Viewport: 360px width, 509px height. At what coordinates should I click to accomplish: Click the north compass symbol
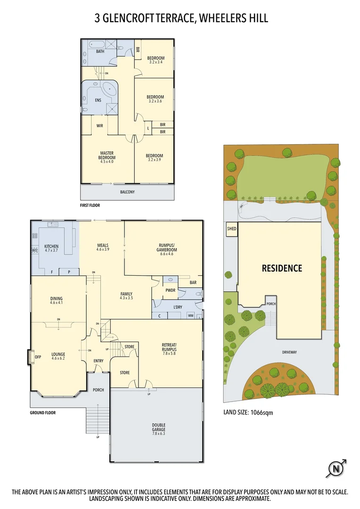click(335, 468)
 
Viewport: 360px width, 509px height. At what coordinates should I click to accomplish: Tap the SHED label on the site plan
click(232, 229)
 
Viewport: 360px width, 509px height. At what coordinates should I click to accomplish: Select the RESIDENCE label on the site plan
click(282, 268)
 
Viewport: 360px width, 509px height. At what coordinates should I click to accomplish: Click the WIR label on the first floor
click(100, 126)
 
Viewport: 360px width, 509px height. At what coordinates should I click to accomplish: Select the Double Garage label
click(158, 427)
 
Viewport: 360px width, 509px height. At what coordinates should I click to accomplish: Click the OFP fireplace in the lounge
click(38, 357)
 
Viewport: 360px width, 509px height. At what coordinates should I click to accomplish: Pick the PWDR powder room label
click(170, 290)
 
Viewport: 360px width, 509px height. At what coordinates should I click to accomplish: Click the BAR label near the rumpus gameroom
click(193, 283)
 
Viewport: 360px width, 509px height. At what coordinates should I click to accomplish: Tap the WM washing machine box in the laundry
click(191, 315)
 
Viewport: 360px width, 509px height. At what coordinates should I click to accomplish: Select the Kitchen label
click(51, 248)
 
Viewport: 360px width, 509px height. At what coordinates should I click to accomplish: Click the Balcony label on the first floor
click(127, 192)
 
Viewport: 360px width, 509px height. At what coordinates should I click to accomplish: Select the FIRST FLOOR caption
click(90, 205)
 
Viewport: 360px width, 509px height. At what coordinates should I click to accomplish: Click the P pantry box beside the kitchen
click(68, 272)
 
